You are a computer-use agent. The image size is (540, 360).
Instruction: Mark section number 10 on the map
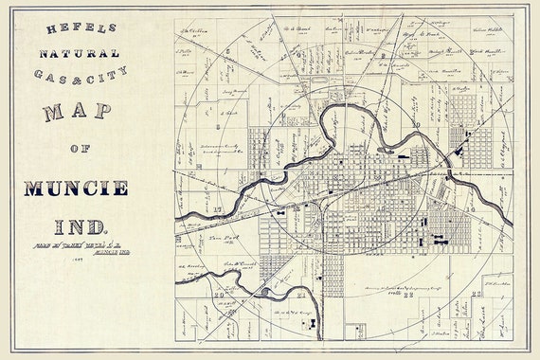(416, 125)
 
